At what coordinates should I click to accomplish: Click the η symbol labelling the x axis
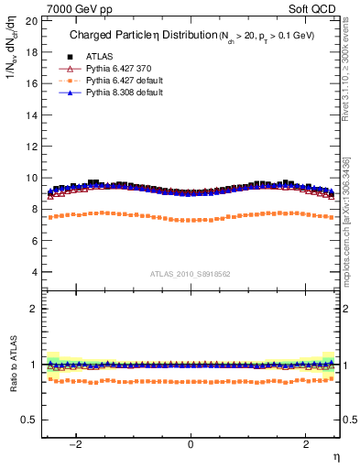click(335, 455)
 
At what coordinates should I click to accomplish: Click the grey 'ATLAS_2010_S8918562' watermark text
click(190, 274)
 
